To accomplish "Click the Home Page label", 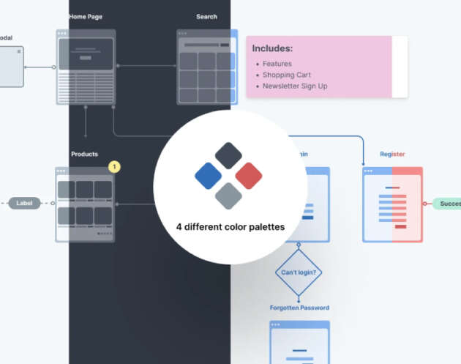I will [86, 16].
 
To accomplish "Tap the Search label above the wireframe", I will [206, 16].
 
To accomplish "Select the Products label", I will [84, 155].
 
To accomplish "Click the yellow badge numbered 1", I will [114, 167].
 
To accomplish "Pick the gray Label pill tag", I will [24, 203].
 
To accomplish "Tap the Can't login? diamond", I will [299, 272].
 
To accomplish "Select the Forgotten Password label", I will [299, 308].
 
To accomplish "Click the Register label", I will [392, 155].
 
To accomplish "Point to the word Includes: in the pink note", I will [272, 48].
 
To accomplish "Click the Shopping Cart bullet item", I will [287, 75].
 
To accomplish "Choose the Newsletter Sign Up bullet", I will [295, 86].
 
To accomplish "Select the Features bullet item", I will [277, 64].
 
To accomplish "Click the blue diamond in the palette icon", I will [209, 176].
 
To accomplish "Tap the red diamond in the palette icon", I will [249, 176].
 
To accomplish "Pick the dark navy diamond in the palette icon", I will [229, 156].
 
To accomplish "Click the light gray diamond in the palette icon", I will [229, 196].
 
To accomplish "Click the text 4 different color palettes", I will [230, 227].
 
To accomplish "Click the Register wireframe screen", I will [392, 204].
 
